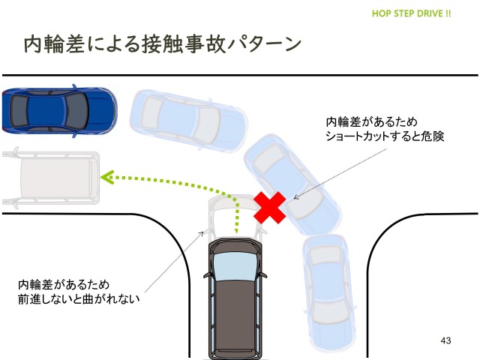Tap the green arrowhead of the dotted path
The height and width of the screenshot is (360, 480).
point(107,178)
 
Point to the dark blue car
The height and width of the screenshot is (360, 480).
point(58,112)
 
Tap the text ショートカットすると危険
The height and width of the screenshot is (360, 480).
point(385,136)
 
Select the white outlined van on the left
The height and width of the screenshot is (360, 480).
point(51,179)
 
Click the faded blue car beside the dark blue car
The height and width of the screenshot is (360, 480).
point(189,118)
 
